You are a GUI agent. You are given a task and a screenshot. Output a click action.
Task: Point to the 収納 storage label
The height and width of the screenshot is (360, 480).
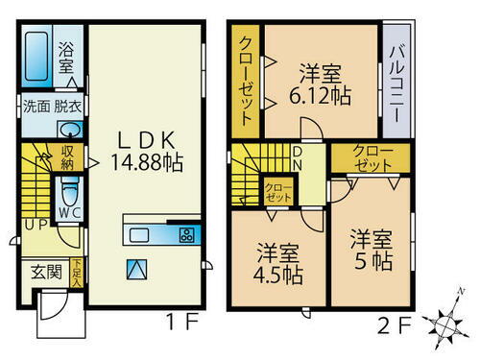69,156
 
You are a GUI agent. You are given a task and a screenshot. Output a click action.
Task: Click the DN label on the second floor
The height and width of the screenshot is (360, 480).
298,156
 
